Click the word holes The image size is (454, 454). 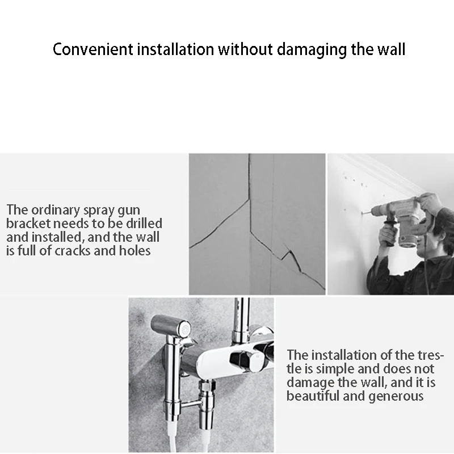(x=134, y=250)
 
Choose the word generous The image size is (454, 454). (x=396, y=396)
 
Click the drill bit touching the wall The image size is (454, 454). (x=368, y=213)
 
